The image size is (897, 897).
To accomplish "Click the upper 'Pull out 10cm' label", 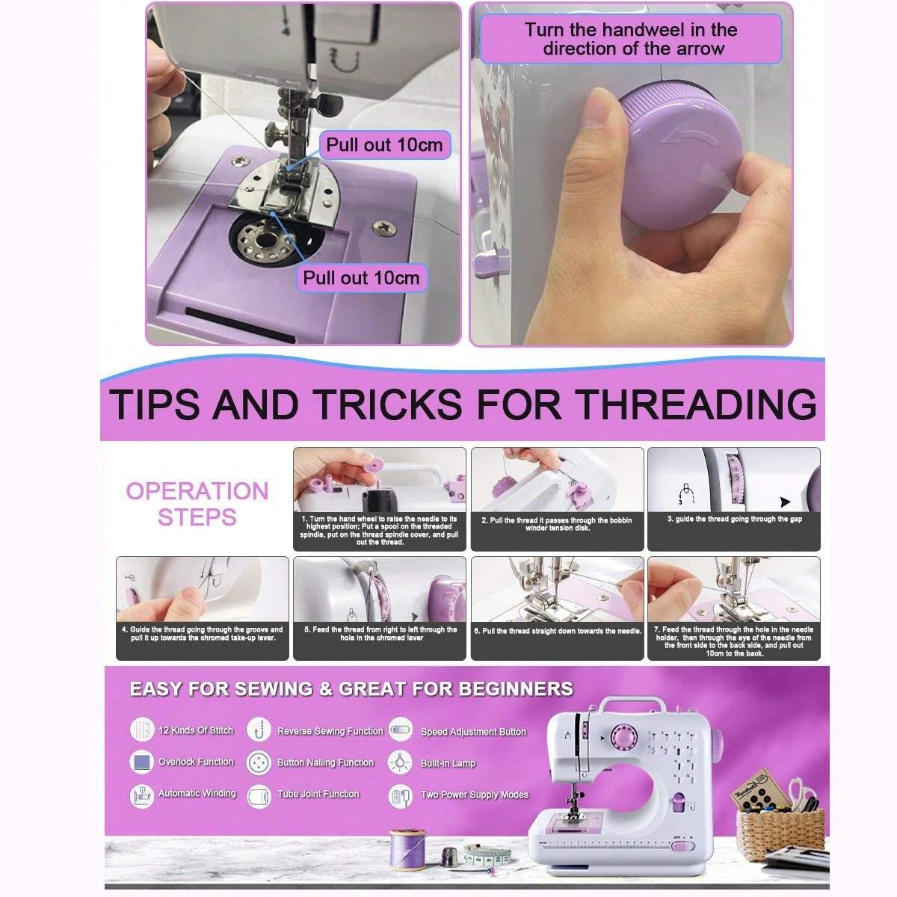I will click(384, 144).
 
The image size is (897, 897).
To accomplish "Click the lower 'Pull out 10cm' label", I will click(361, 278).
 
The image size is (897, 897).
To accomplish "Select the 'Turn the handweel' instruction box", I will click(629, 40).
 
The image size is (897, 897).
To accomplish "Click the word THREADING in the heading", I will click(694, 404).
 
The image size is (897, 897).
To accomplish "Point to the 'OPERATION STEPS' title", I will click(197, 504).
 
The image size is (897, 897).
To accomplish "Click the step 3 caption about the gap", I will click(734, 520).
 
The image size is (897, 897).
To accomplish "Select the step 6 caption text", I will click(558, 632).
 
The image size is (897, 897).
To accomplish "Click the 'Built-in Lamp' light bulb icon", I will click(401, 762).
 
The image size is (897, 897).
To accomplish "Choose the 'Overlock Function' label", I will click(196, 762).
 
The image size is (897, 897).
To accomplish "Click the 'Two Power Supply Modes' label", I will click(474, 795).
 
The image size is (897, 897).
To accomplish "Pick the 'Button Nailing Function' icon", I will click(259, 762).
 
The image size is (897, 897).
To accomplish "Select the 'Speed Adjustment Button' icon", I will click(401, 730).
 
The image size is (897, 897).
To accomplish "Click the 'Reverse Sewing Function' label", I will click(330, 731).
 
